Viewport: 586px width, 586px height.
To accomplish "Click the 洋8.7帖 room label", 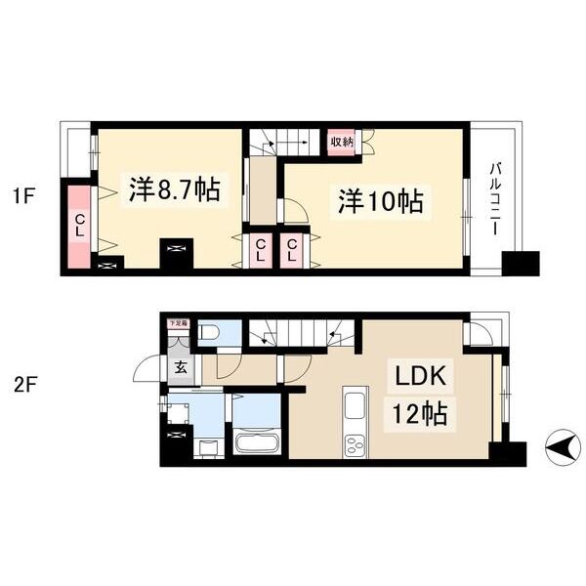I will (x=173, y=190).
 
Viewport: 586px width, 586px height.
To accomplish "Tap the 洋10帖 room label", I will (x=380, y=202).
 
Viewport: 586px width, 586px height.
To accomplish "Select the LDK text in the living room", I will (x=421, y=377).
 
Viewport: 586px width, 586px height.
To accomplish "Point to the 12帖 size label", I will (x=421, y=414).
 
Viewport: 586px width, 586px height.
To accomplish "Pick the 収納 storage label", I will (x=341, y=143).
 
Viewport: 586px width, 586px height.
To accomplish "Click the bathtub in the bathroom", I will (x=257, y=444).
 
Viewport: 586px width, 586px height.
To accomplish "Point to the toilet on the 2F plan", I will (x=208, y=334).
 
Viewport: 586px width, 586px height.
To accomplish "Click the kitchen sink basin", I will (x=354, y=403).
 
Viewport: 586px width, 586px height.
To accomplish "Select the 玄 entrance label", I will (x=181, y=368).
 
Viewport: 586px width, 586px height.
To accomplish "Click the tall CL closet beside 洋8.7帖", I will (x=78, y=226).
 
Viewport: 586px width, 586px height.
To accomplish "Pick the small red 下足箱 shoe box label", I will (x=177, y=322).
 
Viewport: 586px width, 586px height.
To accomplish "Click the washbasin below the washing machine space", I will (x=206, y=448).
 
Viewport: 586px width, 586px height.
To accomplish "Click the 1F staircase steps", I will (x=283, y=143).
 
